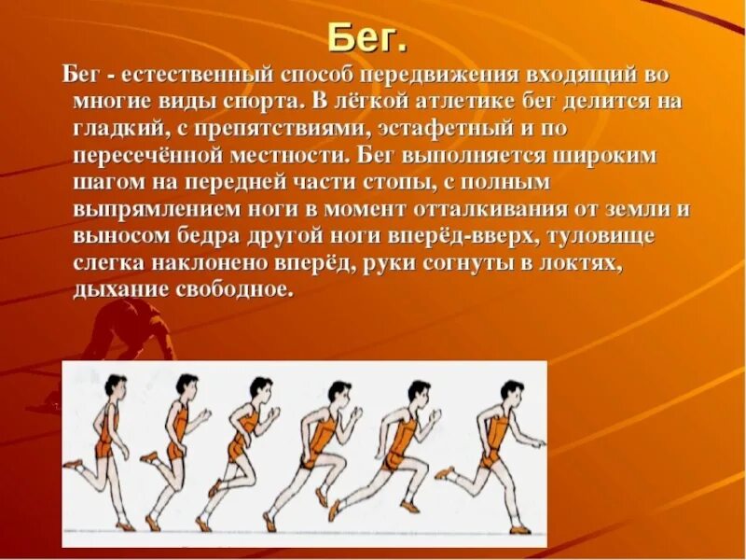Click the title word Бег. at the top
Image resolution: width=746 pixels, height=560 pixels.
pos(367,39)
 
